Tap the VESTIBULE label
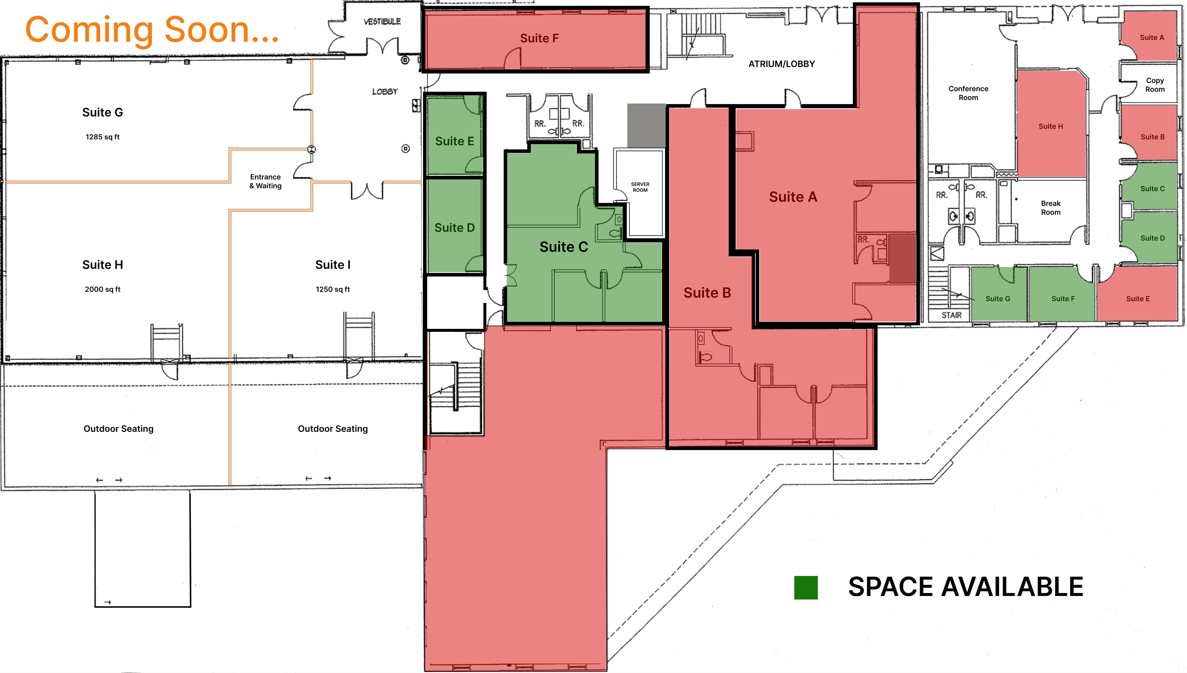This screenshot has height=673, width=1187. pos(382,22)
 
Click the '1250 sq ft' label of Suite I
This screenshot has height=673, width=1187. pos(333,289)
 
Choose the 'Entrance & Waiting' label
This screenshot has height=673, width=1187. pos(265,181)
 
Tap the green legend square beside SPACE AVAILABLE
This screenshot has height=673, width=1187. pos(806,588)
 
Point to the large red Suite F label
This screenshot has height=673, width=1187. pos(539,38)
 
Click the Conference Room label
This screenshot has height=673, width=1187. pos(968,93)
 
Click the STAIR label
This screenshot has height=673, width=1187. pos(951,315)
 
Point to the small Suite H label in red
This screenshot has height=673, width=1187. pos(1050,126)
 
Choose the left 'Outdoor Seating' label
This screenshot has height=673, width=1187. pos(118,429)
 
